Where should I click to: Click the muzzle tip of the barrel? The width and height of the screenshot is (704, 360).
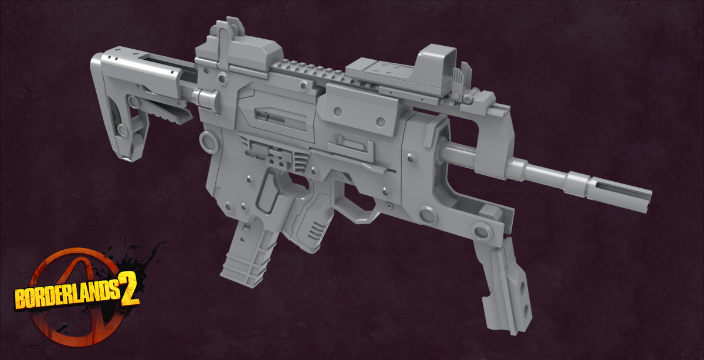pos(648,194)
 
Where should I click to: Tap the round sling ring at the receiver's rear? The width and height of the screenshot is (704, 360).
pos(207,141)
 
